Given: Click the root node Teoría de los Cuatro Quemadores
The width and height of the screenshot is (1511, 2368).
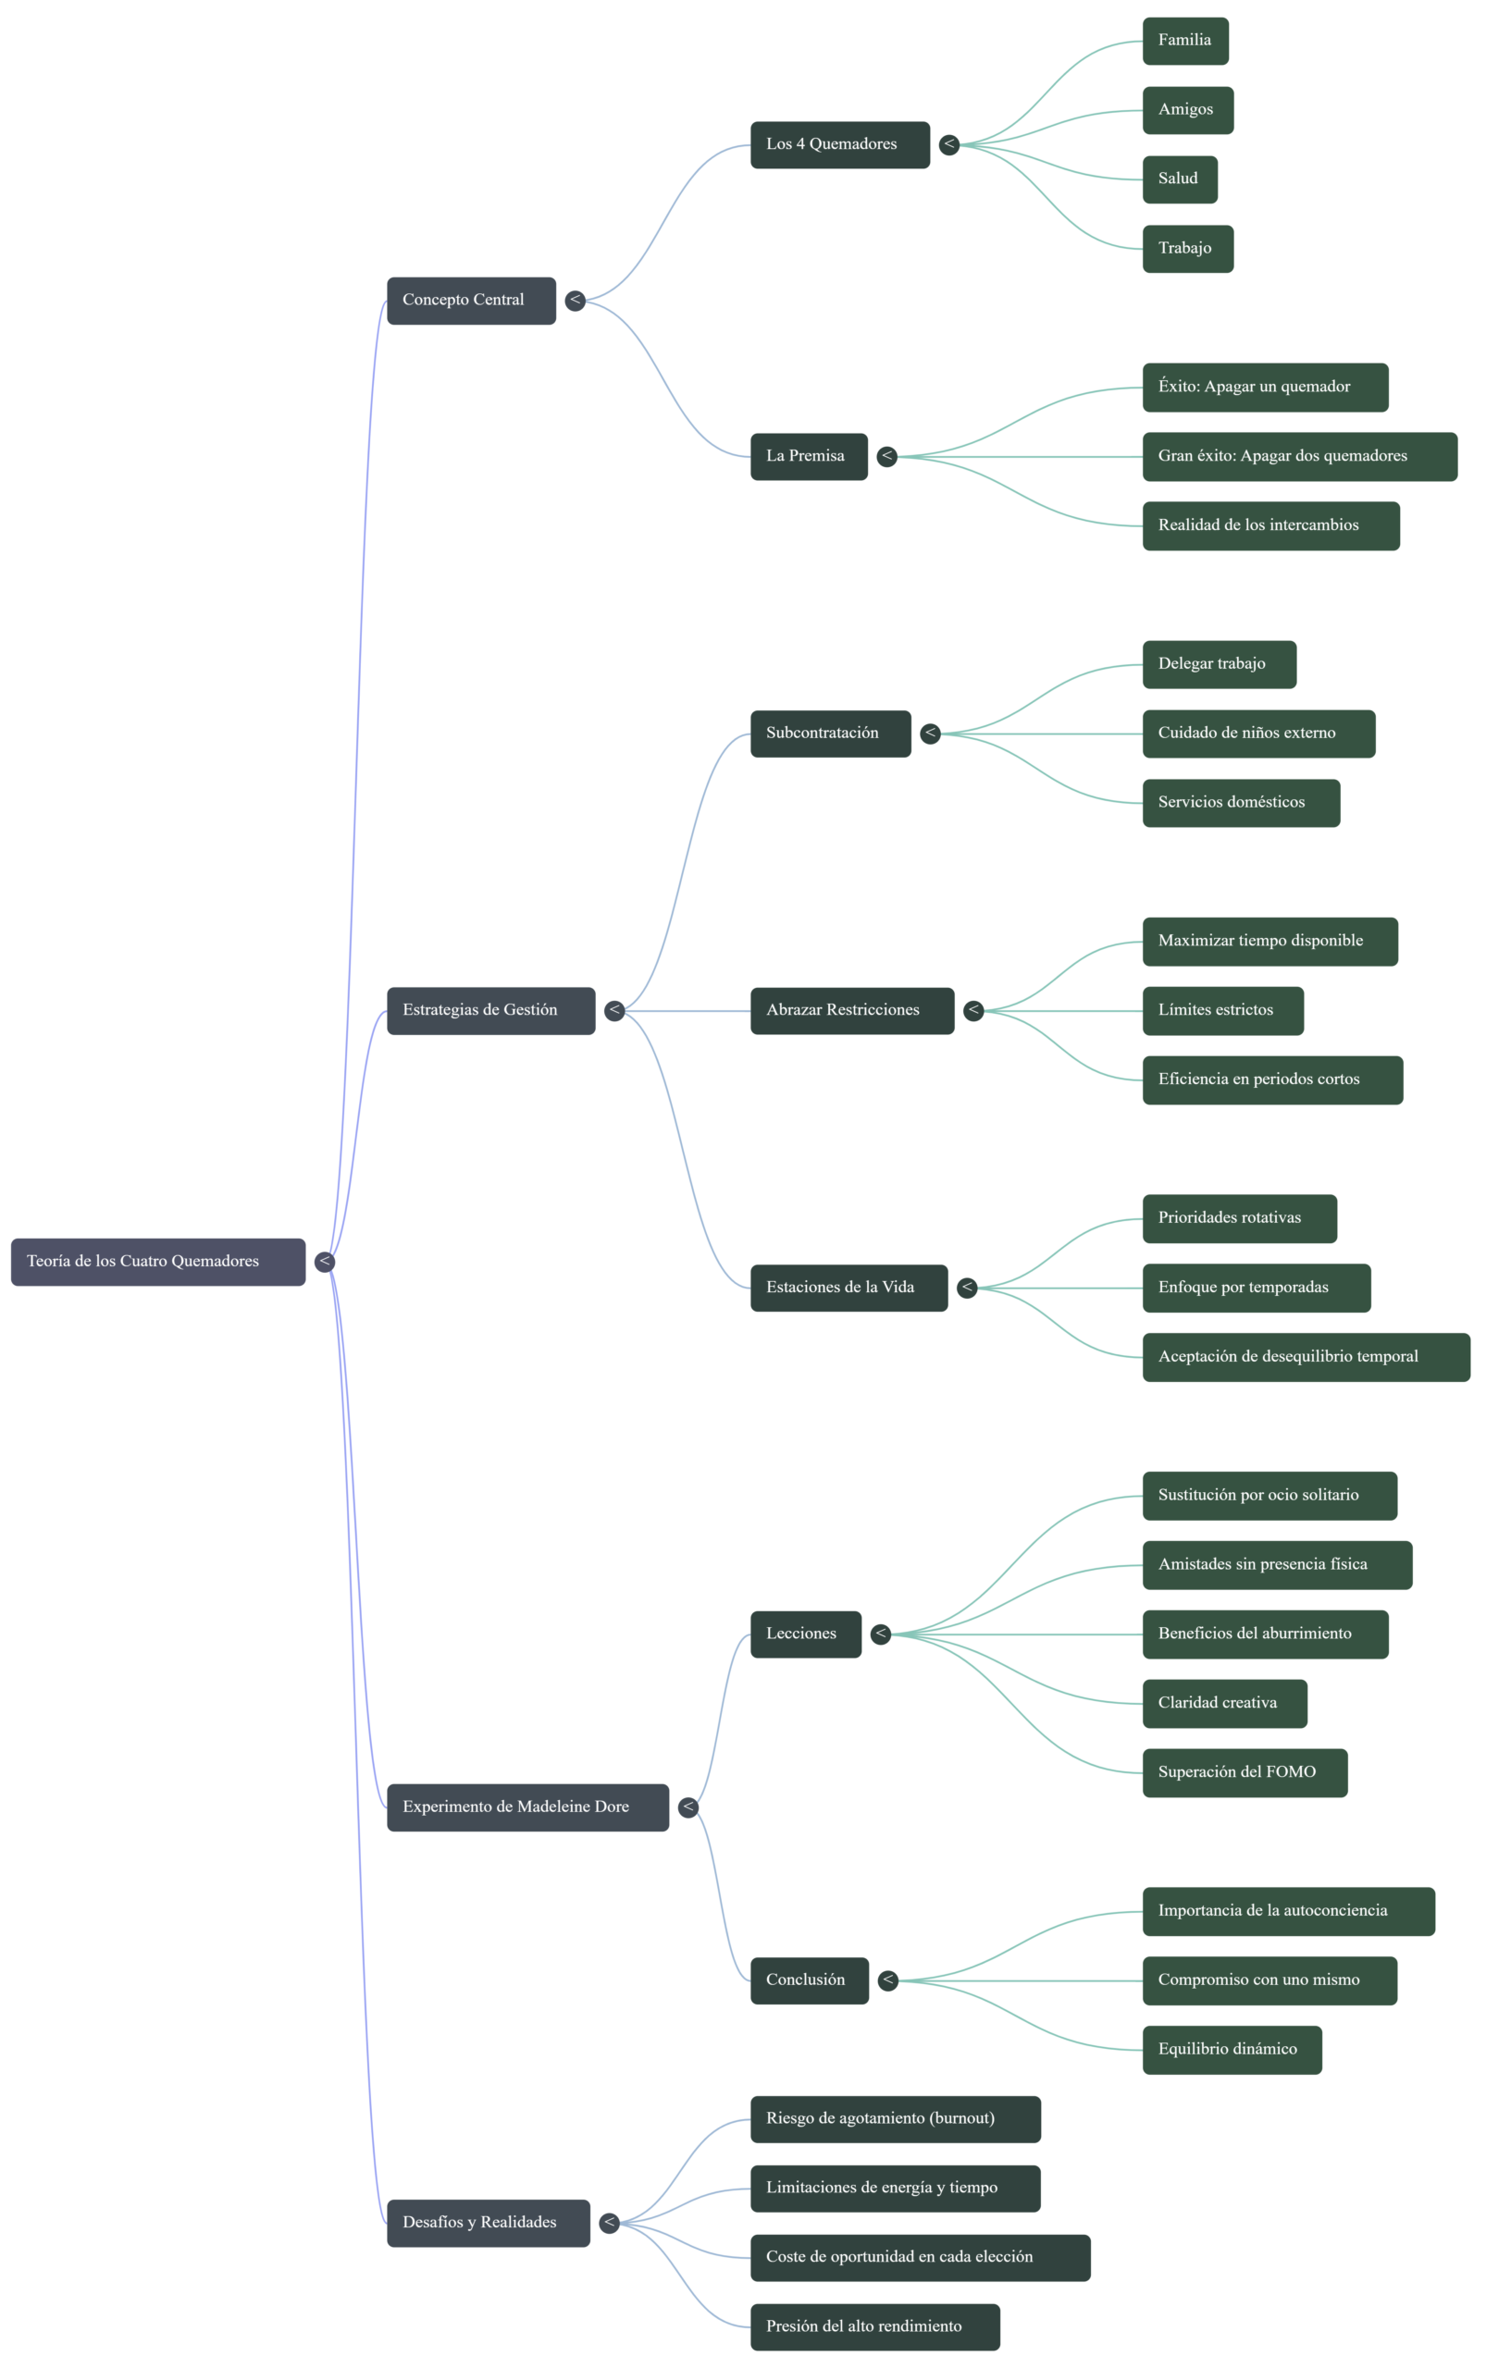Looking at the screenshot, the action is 158,1262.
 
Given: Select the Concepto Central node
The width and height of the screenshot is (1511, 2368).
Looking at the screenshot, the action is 471,301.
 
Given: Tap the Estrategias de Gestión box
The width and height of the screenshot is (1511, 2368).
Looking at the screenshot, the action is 491,1011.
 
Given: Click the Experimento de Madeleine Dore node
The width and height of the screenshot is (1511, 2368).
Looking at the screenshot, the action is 527,1807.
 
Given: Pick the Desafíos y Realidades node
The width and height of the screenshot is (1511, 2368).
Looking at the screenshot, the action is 488,2224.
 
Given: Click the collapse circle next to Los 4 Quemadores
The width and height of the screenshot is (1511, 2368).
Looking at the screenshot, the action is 949,145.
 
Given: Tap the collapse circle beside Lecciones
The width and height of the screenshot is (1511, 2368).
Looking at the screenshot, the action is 881,1634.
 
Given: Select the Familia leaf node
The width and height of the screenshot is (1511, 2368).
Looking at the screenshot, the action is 1185,42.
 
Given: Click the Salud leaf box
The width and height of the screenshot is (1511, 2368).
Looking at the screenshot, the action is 1180,180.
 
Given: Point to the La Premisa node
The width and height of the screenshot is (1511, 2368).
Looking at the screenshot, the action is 809,457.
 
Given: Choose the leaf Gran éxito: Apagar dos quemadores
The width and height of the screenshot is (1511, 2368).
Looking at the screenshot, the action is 1299,457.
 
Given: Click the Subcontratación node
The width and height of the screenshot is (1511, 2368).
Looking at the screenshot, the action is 830,734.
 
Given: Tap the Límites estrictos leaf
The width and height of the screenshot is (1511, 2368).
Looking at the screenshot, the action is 1222,1011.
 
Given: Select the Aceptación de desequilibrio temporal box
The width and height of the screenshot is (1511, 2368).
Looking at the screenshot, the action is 1307,1358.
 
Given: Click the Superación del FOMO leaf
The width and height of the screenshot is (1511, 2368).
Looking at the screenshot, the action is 1245,1773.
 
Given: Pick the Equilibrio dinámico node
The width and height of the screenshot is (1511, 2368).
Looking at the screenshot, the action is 1232,2051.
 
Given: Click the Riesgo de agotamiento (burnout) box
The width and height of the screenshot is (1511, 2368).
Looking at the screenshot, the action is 895,2119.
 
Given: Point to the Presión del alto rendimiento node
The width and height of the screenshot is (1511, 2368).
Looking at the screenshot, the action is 874,2327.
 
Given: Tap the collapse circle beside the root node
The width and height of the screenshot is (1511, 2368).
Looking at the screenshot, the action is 325,1262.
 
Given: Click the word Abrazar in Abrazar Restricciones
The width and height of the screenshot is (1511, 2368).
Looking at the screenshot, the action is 794,1010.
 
